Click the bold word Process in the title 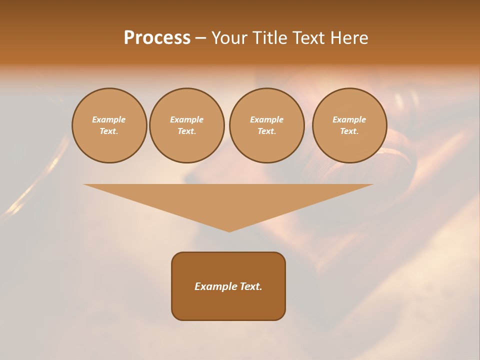(x=157, y=38)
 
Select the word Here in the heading (x=348, y=38)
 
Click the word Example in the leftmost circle (x=109, y=119)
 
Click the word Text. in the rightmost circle (x=349, y=131)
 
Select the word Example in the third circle (x=266, y=119)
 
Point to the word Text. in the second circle (x=186, y=131)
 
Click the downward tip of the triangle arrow (x=229, y=231)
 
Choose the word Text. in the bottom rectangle (x=250, y=286)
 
